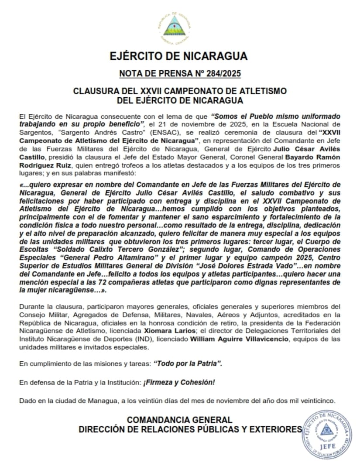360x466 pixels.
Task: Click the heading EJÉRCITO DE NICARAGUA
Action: [179, 56]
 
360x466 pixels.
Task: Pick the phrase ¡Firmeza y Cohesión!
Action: [179, 382]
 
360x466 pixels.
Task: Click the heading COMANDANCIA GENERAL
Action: [179, 420]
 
